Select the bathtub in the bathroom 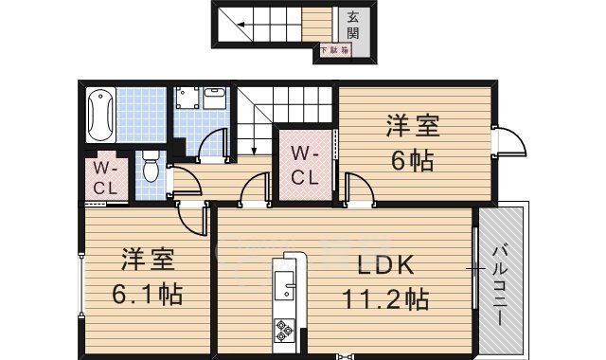pos(98,115)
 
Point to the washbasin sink pos(215,97)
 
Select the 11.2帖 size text pos(385,299)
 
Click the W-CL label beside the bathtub pos(103,178)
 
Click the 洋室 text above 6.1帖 pos(146,258)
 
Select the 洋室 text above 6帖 pos(409,124)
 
